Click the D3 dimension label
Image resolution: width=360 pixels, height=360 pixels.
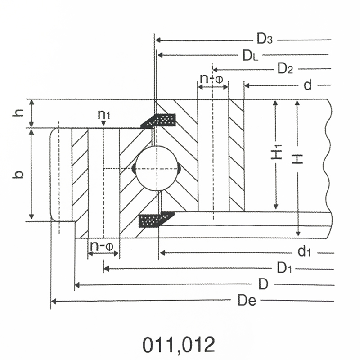(265, 39)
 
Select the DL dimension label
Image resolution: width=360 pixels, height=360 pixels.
(250, 56)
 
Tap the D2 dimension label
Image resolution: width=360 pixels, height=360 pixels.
(285, 68)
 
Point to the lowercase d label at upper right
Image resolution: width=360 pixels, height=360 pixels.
(308, 85)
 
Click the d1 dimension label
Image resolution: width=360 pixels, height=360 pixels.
(304, 251)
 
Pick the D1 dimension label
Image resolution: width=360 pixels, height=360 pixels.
(284, 268)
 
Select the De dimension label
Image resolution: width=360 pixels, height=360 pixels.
(247, 300)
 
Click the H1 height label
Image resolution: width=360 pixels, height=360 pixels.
(277, 152)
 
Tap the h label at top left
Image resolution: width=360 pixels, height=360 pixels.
(18, 112)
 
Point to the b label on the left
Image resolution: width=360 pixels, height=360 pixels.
(18, 175)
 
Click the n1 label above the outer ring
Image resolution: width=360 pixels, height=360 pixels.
(104, 115)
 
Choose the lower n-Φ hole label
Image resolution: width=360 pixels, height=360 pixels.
(102, 246)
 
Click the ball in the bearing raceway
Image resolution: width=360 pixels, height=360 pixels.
(157, 168)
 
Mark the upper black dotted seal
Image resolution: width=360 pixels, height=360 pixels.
(158, 121)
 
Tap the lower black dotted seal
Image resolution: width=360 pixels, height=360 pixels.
(157, 220)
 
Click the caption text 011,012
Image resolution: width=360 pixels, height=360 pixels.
(179, 345)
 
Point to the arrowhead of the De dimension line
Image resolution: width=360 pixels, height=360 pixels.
(53, 301)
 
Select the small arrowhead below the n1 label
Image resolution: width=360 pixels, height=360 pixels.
(103, 123)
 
